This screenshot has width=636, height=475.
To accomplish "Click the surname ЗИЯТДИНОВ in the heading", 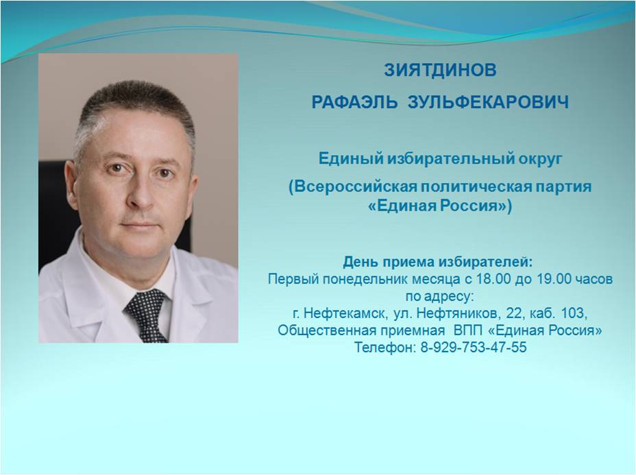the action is click(440, 70).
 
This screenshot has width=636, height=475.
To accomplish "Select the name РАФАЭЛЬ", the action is click(354, 102).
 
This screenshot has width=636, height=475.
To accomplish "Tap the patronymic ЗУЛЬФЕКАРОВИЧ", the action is click(488, 102).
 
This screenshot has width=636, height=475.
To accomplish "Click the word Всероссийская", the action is click(352, 187).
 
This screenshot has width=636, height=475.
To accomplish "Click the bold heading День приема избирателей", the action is click(438, 263).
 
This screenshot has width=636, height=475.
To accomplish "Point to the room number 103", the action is click(574, 313).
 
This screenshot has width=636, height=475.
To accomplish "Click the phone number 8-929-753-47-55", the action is click(474, 348).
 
